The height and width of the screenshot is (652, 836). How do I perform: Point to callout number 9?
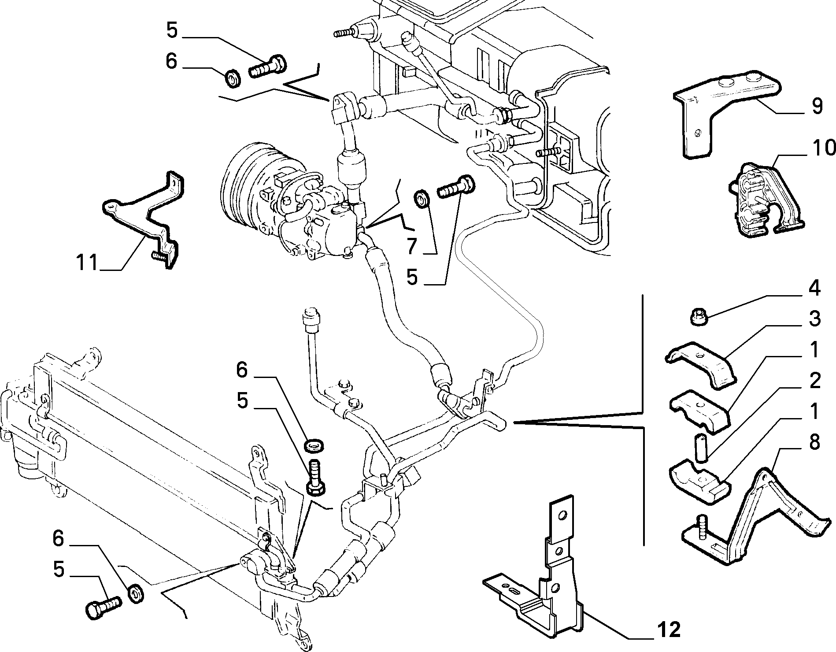coord(817,106)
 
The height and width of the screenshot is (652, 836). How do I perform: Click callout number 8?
coord(814,442)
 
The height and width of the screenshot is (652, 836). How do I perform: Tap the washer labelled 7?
coord(422,199)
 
